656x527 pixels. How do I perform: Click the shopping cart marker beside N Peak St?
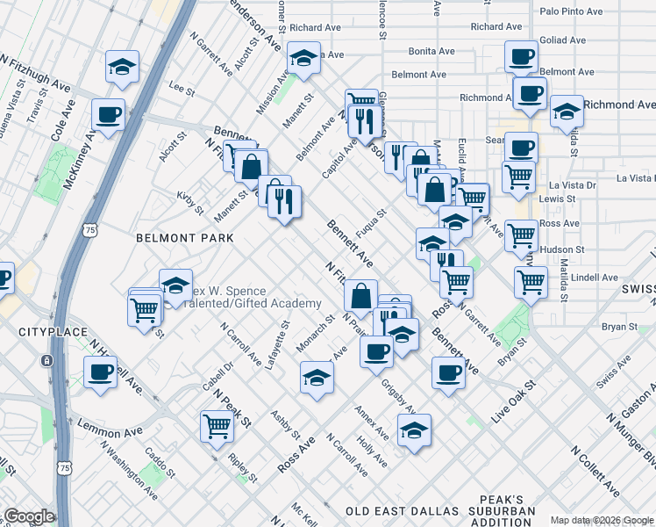click(216, 427)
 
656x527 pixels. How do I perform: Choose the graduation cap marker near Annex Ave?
click(414, 430)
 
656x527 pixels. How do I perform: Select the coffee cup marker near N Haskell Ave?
click(99, 372)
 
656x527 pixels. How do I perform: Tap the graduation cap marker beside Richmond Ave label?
click(567, 112)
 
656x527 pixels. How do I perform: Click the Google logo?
click(29, 516)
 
